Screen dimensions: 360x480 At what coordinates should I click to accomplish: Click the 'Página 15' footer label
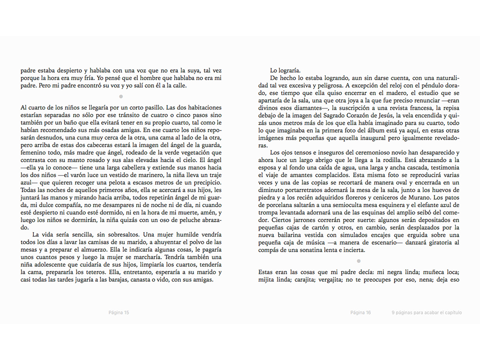[x=119, y=313]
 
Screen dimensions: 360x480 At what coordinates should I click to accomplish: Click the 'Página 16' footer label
[x=360, y=313]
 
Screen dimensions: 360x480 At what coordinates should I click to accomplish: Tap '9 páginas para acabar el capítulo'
[x=427, y=313]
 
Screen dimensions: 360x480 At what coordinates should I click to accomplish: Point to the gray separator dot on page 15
[x=121, y=96]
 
